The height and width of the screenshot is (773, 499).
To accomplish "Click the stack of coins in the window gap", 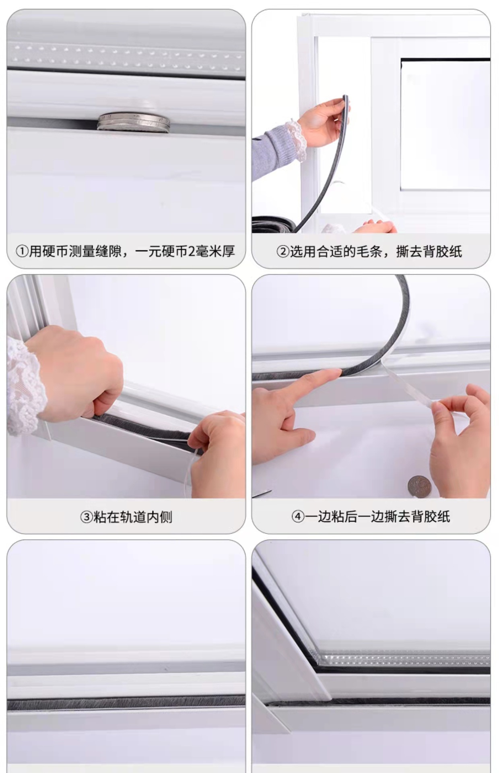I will click(x=133, y=122).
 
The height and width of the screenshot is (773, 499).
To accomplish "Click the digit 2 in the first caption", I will click(x=191, y=252).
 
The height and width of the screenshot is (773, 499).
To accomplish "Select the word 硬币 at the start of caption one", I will click(x=55, y=252).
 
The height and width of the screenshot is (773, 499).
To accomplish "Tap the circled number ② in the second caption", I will click(x=283, y=252).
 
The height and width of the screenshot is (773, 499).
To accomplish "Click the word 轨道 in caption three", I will click(x=133, y=517).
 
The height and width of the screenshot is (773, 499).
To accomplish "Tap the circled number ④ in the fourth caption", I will click(x=297, y=517).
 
